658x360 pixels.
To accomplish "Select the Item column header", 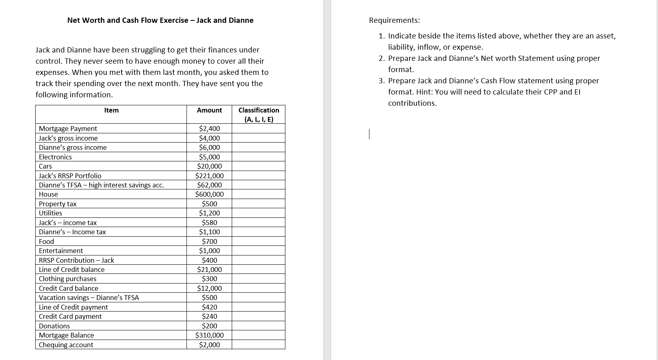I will [x=111, y=111].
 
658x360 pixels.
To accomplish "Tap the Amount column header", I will [x=209, y=111].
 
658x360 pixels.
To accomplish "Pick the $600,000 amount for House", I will [x=209, y=195].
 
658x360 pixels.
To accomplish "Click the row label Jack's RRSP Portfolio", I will [x=70, y=176].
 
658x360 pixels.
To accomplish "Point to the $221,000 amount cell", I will [x=209, y=176].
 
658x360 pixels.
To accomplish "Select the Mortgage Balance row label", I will [x=66, y=336].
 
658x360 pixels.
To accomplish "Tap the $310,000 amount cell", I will [x=209, y=336].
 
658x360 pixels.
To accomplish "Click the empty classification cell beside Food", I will [x=259, y=241].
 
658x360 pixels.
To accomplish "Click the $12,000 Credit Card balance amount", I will [x=209, y=288].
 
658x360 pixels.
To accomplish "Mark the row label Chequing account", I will [x=66, y=345].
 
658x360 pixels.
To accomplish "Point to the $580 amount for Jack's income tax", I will [x=209, y=223].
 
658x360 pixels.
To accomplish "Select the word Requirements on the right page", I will [x=394, y=20].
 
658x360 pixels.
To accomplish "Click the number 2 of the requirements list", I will [x=381, y=58].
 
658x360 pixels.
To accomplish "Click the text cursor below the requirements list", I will [x=369, y=134].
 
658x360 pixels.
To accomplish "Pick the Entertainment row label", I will [x=61, y=251].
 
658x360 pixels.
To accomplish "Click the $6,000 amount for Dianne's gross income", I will [x=209, y=148].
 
